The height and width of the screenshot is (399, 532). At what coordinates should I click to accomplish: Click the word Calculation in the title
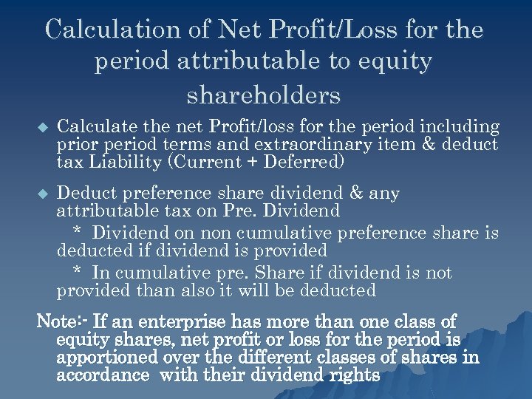tap(112, 30)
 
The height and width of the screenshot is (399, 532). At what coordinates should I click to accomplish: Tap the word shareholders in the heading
tap(264, 95)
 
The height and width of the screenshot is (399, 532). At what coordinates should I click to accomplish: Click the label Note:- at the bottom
tap(63, 322)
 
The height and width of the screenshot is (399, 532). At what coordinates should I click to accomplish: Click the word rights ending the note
tap(352, 375)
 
